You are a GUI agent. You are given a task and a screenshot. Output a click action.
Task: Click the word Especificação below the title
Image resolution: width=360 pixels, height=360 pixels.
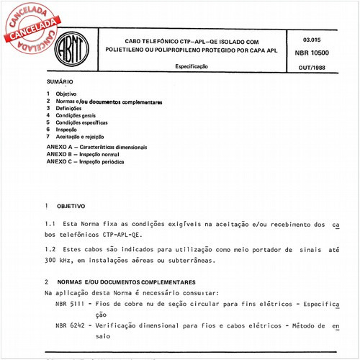click(192, 66)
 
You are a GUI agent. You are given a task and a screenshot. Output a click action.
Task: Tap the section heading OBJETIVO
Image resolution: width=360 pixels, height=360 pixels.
click(71, 205)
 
